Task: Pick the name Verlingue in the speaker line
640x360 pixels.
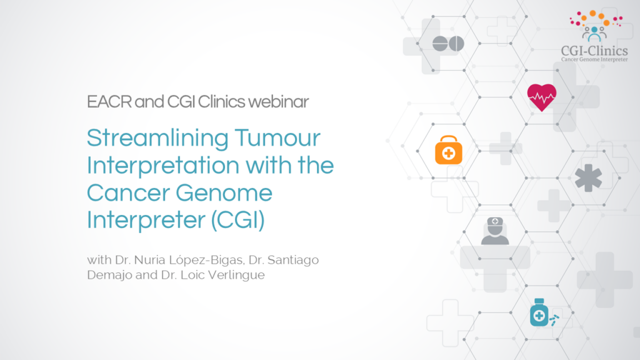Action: (x=238, y=275)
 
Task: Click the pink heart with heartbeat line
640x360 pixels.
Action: (x=541, y=97)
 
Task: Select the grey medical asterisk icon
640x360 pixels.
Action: (x=587, y=178)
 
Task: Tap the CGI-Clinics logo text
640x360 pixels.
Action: (x=594, y=51)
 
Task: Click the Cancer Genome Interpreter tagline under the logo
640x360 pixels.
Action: (x=594, y=60)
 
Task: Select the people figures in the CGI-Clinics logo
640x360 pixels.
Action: (x=594, y=32)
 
